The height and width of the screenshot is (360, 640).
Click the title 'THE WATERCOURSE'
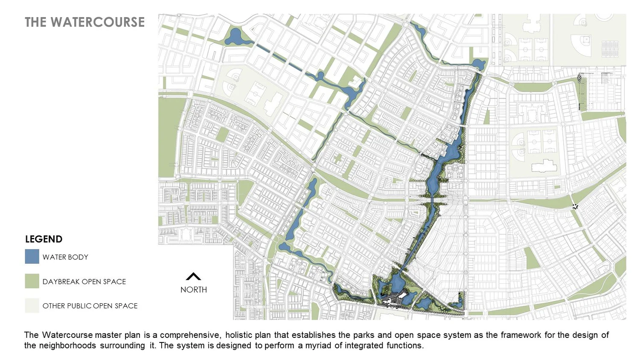[84, 22]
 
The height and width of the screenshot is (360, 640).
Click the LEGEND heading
[44, 239]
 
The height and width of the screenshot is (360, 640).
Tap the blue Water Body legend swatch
[32, 257]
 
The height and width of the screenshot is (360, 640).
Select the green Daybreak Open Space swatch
[32, 281]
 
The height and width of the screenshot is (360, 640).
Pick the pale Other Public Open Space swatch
[32, 305]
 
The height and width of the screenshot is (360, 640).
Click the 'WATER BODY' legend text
[65, 257]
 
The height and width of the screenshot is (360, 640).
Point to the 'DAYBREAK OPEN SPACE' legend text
[84, 282]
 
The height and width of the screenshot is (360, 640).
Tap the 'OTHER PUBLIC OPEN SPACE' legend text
[90, 306]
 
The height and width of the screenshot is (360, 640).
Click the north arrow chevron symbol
[193, 276]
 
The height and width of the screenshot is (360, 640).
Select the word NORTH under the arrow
[193, 290]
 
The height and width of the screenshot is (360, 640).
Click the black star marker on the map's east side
[575, 207]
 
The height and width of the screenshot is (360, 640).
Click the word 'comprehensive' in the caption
[189, 335]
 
